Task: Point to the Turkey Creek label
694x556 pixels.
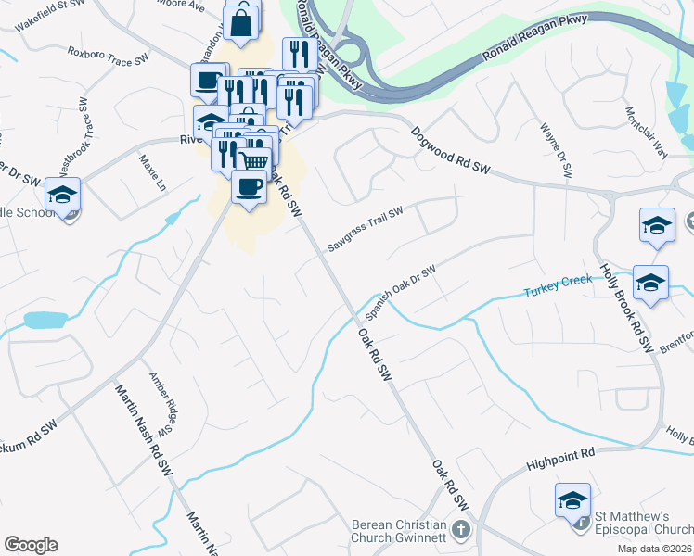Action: point(557,292)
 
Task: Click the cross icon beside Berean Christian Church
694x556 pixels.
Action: point(461,532)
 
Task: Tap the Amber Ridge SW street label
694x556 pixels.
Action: point(163,404)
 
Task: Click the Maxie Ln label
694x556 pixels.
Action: point(152,172)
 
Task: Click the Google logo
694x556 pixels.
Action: point(31,545)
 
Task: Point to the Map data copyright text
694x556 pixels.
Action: point(655,549)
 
